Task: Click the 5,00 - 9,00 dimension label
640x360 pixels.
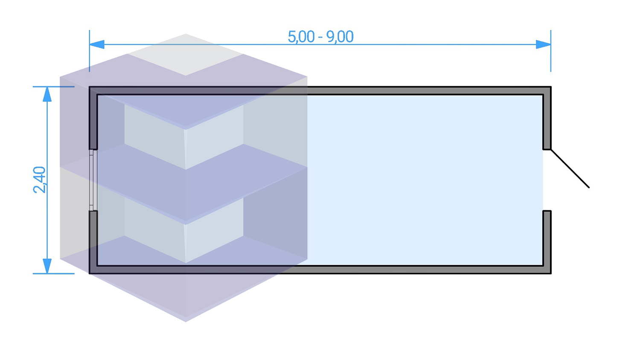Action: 320,37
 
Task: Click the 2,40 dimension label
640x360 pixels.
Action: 40,180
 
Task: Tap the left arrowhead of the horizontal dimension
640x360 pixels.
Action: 97,44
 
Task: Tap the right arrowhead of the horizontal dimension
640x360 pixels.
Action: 543,44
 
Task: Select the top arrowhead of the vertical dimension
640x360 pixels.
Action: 47,94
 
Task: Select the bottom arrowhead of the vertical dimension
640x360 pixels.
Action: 47,266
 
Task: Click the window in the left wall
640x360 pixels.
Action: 93,180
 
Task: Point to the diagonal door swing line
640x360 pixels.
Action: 570,168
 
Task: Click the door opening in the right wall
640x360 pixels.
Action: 547,180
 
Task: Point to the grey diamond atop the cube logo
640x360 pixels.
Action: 186,55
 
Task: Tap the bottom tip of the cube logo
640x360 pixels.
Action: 186,322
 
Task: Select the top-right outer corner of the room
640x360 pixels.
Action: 551,86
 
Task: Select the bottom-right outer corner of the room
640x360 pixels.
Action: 551,274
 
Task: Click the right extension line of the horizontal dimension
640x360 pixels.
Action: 551,51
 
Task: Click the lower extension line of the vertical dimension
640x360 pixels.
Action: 54,274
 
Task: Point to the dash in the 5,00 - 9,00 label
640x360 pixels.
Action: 320,38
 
